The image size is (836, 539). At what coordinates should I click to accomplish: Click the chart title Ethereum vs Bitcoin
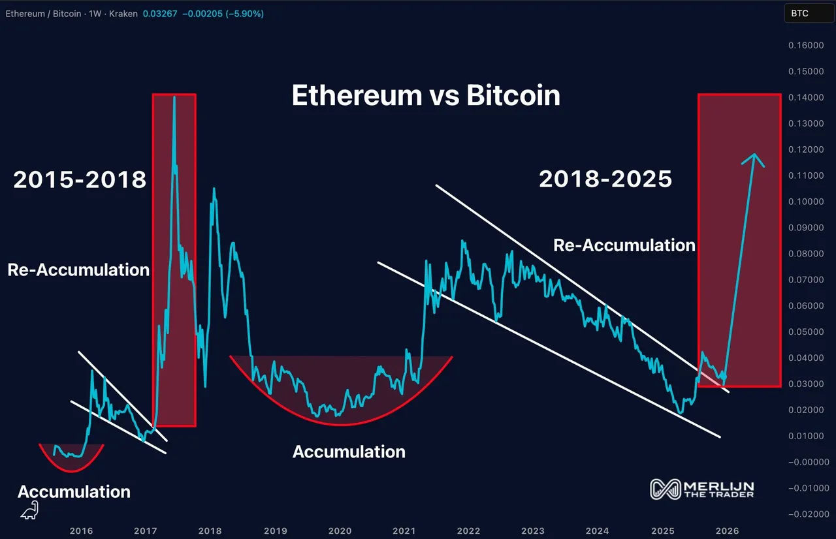(x=426, y=96)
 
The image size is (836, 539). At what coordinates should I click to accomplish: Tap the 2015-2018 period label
(x=80, y=180)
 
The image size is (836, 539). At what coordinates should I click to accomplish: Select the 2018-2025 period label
(x=605, y=179)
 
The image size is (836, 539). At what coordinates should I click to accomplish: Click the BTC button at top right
(x=799, y=13)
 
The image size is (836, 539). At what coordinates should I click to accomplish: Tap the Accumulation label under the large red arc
(x=349, y=452)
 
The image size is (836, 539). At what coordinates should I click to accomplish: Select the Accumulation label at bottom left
(x=74, y=492)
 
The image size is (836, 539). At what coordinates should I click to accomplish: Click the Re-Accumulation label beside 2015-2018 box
(x=78, y=270)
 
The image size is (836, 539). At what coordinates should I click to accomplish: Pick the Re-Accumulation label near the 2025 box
(x=624, y=245)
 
